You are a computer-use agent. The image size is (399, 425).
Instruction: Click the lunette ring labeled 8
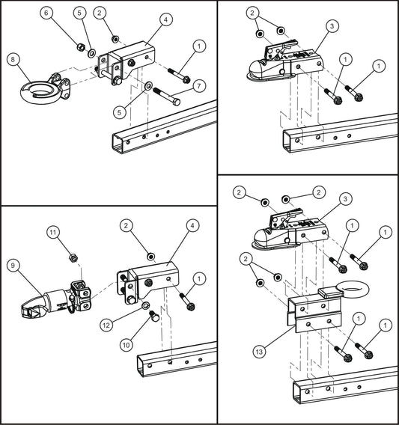click(35, 91)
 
